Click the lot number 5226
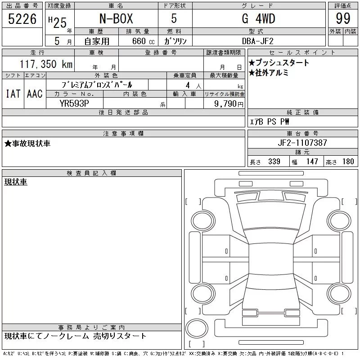pyautogui.click(x=22, y=19)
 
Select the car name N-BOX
pyautogui.click(x=116, y=18)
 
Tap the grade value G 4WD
pyautogui.click(x=258, y=18)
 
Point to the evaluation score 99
pyautogui.click(x=343, y=18)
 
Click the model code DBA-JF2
pyautogui.click(x=257, y=41)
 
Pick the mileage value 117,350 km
pyautogui.click(x=46, y=64)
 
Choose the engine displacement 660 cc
pyautogui.click(x=143, y=41)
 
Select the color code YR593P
pyautogui.click(x=74, y=103)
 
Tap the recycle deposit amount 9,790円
pyautogui.click(x=229, y=103)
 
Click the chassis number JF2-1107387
pyautogui.click(x=302, y=143)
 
